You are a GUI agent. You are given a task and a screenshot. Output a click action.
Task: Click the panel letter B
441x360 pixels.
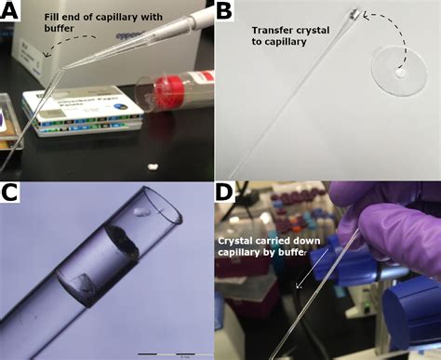pyautogui.click(x=227, y=12)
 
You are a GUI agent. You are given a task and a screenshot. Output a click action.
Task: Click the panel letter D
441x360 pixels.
pyautogui.click(x=226, y=193)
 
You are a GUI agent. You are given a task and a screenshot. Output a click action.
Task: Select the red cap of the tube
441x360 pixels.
pyautogui.click(x=173, y=92)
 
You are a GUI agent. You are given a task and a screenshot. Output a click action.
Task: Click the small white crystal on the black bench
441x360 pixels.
pyautogui.click(x=151, y=168)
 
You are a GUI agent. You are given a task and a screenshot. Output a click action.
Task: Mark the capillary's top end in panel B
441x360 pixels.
pyautogui.click(x=358, y=12)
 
